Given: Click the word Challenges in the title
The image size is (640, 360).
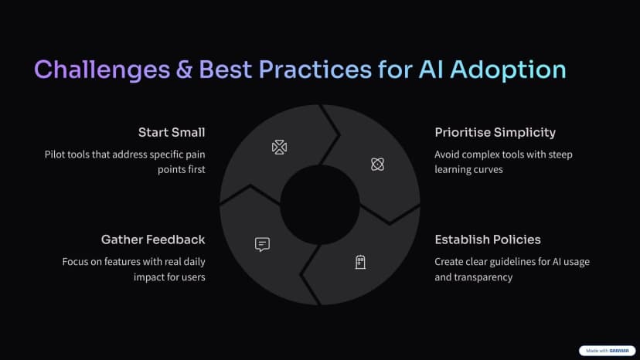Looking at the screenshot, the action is [x=102, y=70].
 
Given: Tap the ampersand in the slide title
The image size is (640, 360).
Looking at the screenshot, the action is [x=185, y=70].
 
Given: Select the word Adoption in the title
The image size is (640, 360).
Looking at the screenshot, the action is [x=508, y=70].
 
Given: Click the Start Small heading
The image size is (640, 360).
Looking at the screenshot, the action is [x=172, y=132].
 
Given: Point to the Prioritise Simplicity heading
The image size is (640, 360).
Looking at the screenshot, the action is [x=495, y=133].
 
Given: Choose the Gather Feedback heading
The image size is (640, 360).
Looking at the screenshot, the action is [x=153, y=239].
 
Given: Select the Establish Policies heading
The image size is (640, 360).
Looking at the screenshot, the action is [x=488, y=239].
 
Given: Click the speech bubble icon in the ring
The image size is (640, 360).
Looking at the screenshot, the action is [x=262, y=244].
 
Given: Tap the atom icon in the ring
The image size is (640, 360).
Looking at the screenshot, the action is [x=377, y=165].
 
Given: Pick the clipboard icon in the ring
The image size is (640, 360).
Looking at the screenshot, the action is [x=360, y=262].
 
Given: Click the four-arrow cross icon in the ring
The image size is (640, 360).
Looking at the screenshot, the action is [x=279, y=148].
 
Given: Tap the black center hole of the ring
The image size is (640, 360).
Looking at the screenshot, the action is [x=319, y=205].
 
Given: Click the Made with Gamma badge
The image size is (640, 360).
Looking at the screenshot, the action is [x=607, y=351].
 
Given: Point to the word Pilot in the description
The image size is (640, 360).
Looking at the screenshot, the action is [x=55, y=155].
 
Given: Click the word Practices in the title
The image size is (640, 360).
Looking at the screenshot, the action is [x=315, y=70].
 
